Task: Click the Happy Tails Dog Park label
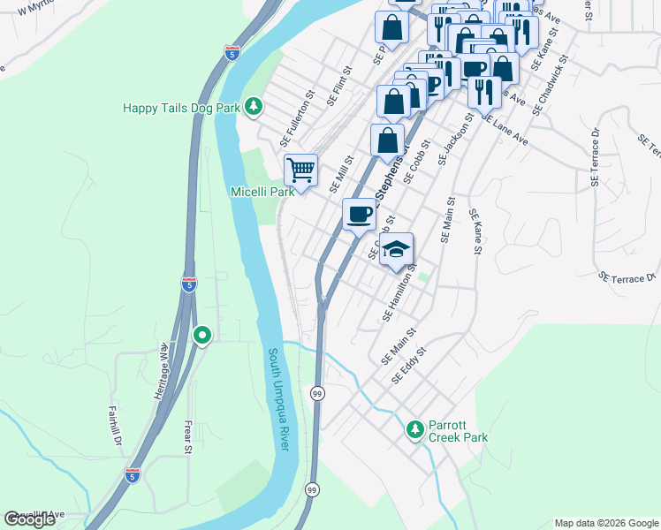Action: (x=181, y=108)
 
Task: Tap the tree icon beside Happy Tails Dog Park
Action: (x=254, y=107)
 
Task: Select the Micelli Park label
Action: (x=262, y=192)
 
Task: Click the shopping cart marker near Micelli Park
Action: (x=301, y=170)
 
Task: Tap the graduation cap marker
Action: (x=397, y=249)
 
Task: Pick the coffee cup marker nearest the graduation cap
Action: (x=359, y=215)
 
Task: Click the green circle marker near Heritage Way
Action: (x=202, y=336)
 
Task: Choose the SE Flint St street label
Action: (x=339, y=85)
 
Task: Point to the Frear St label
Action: (x=187, y=436)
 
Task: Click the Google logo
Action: (x=29, y=519)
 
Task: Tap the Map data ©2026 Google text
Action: (x=605, y=523)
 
